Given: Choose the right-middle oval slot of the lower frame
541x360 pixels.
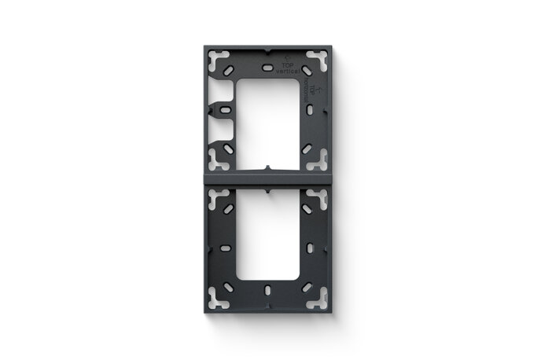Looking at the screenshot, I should pyautogui.click(x=315, y=248).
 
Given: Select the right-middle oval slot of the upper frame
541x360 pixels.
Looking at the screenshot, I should pyautogui.click(x=315, y=108).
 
